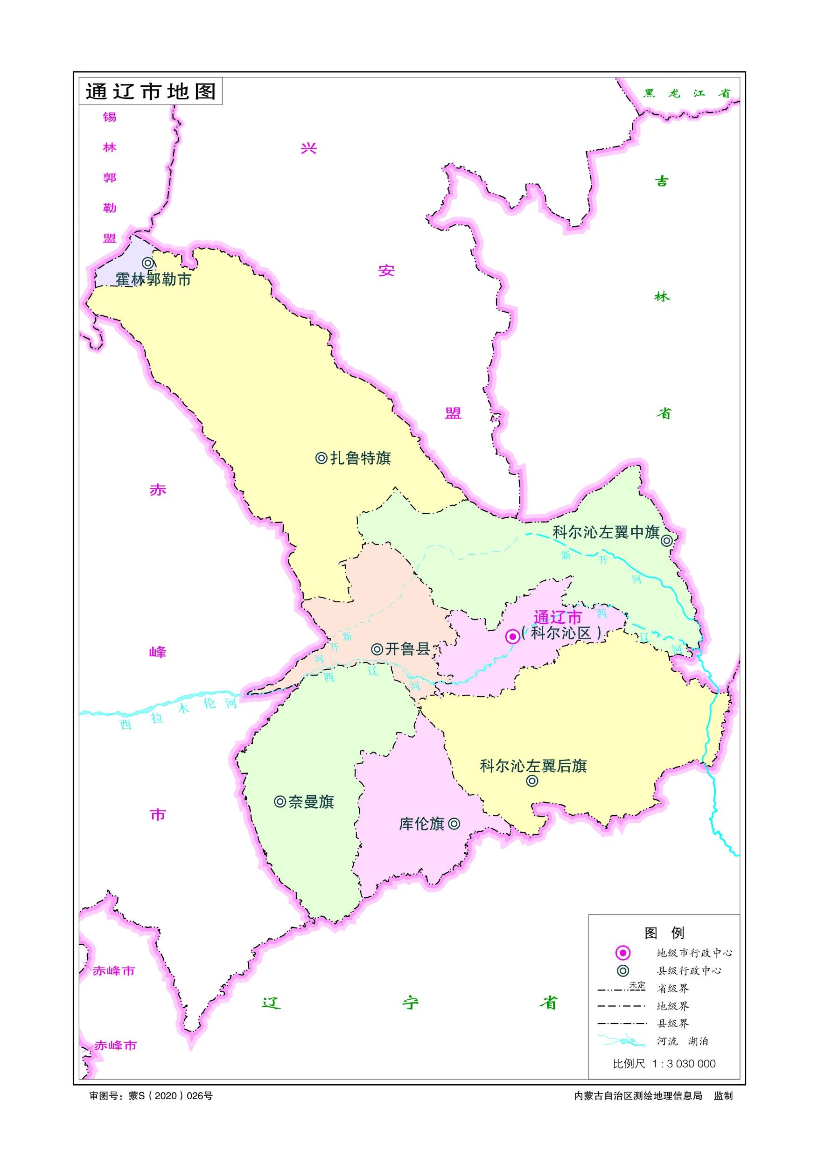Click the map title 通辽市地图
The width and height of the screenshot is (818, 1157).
click(x=150, y=91)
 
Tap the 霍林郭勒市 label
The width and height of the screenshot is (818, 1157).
click(x=153, y=279)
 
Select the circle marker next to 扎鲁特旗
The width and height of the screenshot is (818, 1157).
click(x=321, y=458)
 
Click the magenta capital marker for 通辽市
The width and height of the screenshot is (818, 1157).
click(x=512, y=636)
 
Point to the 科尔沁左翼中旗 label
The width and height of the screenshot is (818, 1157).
click(x=606, y=532)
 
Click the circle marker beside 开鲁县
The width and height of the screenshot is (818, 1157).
click(x=377, y=649)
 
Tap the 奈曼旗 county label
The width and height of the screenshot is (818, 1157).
click(x=311, y=802)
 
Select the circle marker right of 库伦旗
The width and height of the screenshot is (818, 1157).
click(x=454, y=824)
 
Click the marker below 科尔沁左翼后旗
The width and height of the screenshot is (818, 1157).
click(x=532, y=781)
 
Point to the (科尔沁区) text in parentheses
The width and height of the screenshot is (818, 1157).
click(x=561, y=634)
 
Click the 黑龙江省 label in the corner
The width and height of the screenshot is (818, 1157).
click(x=686, y=93)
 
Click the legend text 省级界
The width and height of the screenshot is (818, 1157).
click(x=672, y=988)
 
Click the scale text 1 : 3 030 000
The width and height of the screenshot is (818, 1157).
click(x=684, y=1063)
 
